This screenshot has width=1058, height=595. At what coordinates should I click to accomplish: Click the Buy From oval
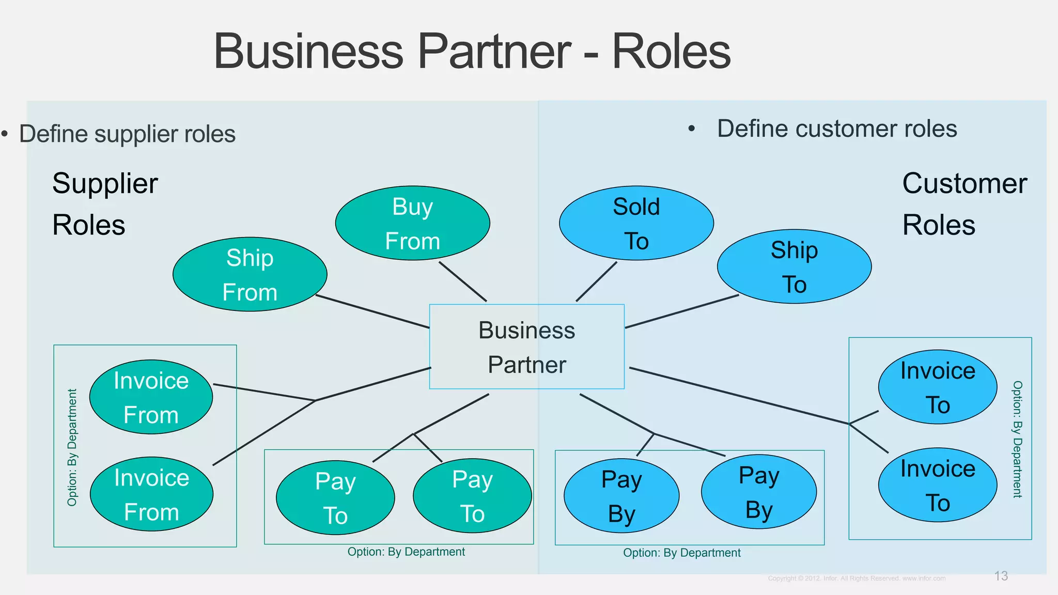tap(412, 223)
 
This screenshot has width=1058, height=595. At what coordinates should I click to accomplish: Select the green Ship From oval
tap(250, 274)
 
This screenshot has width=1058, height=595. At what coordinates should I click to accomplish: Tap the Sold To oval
tap(636, 223)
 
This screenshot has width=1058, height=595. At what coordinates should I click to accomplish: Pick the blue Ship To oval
tap(794, 267)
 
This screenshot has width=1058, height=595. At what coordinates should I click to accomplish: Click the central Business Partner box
tap(526, 347)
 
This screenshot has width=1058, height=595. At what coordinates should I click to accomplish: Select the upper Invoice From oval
tap(151, 397)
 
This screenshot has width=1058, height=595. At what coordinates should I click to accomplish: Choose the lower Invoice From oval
tap(151, 494)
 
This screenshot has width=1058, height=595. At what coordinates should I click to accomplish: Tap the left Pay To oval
tap(335, 497)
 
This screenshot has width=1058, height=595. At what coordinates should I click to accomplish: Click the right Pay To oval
tap(472, 496)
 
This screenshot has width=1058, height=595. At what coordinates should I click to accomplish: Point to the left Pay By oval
tap(621, 496)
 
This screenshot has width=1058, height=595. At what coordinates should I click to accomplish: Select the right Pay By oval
tap(758, 492)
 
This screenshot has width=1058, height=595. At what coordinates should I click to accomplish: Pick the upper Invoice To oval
tap(937, 387)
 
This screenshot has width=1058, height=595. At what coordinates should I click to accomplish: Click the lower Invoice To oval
tap(937, 485)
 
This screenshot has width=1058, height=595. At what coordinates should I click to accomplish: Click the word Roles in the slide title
tap(671, 51)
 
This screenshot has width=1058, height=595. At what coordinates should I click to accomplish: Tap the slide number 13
tap(1001, 576)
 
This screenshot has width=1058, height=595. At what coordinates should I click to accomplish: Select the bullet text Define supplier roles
tap(127, 134)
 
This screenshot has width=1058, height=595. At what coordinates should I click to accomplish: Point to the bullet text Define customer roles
tap(836, 129)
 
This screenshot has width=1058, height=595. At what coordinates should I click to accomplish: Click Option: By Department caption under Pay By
tap(681, 553)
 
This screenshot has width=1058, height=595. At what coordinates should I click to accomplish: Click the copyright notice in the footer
tap(856, 578)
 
